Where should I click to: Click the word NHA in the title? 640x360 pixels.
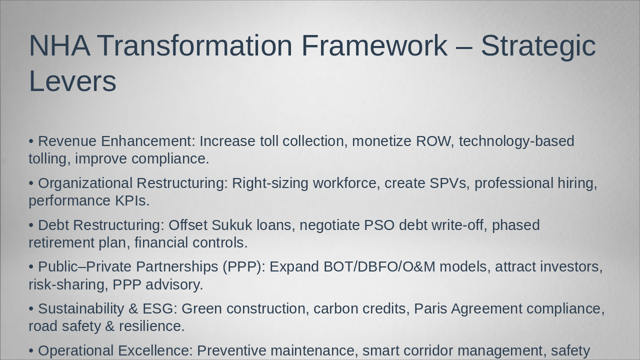[59, 45]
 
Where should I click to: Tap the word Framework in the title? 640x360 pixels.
[374, 45]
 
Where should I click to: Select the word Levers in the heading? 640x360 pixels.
[72, 81]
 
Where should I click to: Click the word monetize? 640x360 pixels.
[381, 141]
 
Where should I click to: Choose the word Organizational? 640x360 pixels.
[85, 183]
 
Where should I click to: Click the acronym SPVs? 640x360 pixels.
[448, 183]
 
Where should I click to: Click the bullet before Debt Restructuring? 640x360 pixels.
[31, 225]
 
